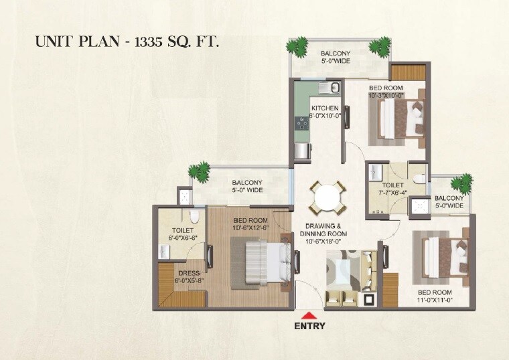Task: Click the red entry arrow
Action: pos(309,315)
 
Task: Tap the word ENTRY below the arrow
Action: pos(309,327)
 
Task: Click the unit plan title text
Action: pos(127,41)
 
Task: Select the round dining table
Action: pos(328,197)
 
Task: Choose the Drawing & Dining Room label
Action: pos(326,229)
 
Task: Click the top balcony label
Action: pos(340,57)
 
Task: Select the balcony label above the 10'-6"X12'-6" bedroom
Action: pos(247,186)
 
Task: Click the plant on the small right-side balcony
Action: pos(461,183)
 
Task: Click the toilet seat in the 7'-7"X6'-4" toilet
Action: pos(419,177)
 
